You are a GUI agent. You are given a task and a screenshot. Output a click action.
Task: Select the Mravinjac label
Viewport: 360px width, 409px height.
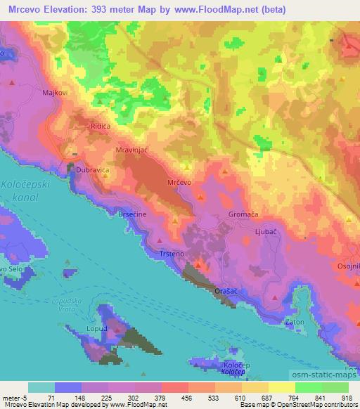[x=131, y=150]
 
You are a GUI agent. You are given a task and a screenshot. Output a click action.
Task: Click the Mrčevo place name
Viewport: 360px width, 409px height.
[x=179, y=183]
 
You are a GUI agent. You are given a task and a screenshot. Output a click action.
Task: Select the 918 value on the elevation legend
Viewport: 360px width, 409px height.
[x=346, y=397]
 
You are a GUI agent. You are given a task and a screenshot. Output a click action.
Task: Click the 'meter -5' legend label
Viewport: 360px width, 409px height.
[x=14, y=397]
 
